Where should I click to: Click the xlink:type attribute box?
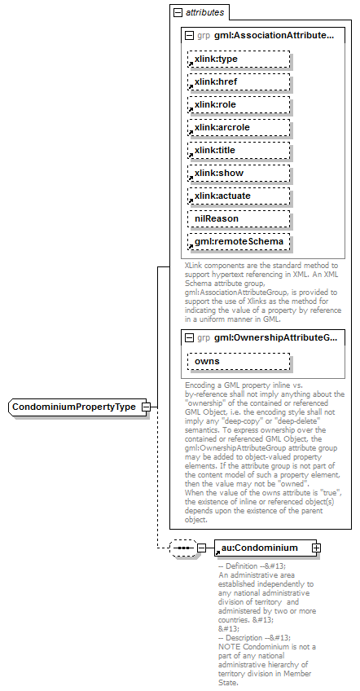point(239,59)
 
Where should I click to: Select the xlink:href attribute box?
point(239,81)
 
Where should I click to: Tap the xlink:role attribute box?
point(239,104)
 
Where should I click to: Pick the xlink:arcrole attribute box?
point(239,127)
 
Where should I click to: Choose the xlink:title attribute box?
point(239,150)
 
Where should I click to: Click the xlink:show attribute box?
point(239,173)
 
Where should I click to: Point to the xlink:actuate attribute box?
point(239,196)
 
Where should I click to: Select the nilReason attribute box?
point(239,218)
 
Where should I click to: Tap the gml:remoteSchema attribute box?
point(239,241)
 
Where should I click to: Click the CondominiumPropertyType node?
point(73,407)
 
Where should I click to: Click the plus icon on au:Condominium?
point(316,548)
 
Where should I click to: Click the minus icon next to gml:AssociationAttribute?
point(190,36)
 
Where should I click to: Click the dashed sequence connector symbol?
point(182,548)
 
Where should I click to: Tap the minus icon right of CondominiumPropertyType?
point(145,407)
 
